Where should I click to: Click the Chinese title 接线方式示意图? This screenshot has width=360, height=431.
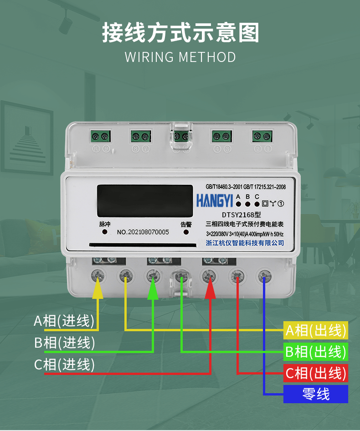tap(180, 33)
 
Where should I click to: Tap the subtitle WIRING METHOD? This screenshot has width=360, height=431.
tap(180, 57)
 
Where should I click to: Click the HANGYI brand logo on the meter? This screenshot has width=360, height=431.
tap(214, 200)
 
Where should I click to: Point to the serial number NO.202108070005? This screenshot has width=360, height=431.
tap(143, 232)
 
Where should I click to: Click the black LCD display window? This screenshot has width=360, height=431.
tap(145, 200)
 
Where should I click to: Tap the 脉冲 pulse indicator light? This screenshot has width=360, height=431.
tap(105, 232)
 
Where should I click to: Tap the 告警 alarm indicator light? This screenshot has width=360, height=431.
tap(186, 232)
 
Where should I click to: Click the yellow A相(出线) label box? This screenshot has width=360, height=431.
tap(316, 330)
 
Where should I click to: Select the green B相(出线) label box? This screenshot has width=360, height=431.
tap(316, 352)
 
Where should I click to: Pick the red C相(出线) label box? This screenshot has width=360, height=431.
tap(316, 373)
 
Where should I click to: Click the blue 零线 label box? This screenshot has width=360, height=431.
tap(316, 394)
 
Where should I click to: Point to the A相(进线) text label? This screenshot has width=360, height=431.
tap(64, 321)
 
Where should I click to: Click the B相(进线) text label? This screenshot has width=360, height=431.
tap(64, 343)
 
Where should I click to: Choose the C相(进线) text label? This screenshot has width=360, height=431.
tap(64, 364)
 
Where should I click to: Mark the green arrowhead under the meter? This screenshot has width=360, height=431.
tap(153, 290)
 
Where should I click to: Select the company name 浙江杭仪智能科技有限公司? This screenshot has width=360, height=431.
tap(245, 243)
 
